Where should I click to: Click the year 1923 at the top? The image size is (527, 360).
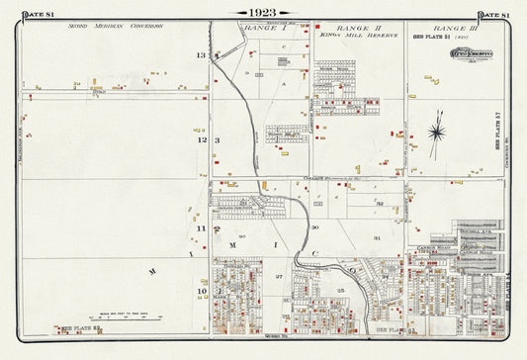pyautogui.click(x=263, y=13)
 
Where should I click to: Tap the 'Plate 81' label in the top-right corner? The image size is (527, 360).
pyautogui.click(x=493, y=13)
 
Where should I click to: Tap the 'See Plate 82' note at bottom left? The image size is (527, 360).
pyautogui.click(x=80, y=326)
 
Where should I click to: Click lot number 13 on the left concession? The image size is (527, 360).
pyautogui.click(x=201, y=55)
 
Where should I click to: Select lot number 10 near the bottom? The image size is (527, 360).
pyautogui.click(x=201, y=291)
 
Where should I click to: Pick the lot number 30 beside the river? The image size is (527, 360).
pyautogui.click(x=315, y=227)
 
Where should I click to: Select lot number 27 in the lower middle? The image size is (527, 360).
pyautogui.click(x=279, y=277)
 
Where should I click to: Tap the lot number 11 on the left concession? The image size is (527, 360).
pyautogui.click(x=201, y=228)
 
